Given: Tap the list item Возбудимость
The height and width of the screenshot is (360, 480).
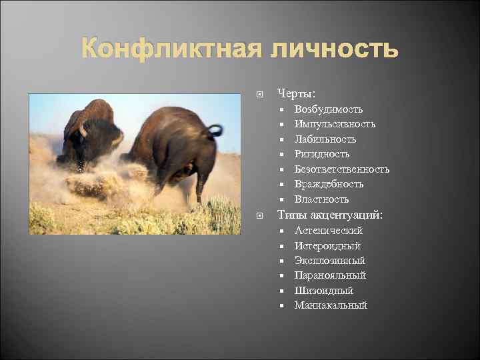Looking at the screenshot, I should (x=329, y=109).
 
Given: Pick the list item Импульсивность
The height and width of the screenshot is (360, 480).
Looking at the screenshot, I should (x=335, y=124).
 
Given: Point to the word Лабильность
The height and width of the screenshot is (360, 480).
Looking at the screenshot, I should (x=325, y=139).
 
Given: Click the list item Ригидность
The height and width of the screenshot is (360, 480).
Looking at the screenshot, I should (x=322, y=154).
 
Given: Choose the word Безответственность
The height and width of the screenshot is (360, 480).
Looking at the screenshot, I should (x=342, y=169).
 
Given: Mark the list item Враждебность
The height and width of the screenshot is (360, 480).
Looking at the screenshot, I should (x=329, y=184).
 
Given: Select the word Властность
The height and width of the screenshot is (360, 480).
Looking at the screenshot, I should (x=322, y=199).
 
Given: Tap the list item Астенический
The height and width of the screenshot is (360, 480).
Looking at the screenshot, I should (x=329, y=231).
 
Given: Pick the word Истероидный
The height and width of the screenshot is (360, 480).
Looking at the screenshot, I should (x=327, y=246).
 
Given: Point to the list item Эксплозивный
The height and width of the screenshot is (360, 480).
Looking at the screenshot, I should (x=330, y=261).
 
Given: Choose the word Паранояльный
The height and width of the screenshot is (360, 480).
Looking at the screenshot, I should (x=330, y=275).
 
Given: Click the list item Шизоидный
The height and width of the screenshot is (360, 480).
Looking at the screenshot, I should (x=324, y=291).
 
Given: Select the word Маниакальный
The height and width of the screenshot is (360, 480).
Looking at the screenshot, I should (x=331, y=305).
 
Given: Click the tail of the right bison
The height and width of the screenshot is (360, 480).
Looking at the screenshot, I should (x=215, y=129).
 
